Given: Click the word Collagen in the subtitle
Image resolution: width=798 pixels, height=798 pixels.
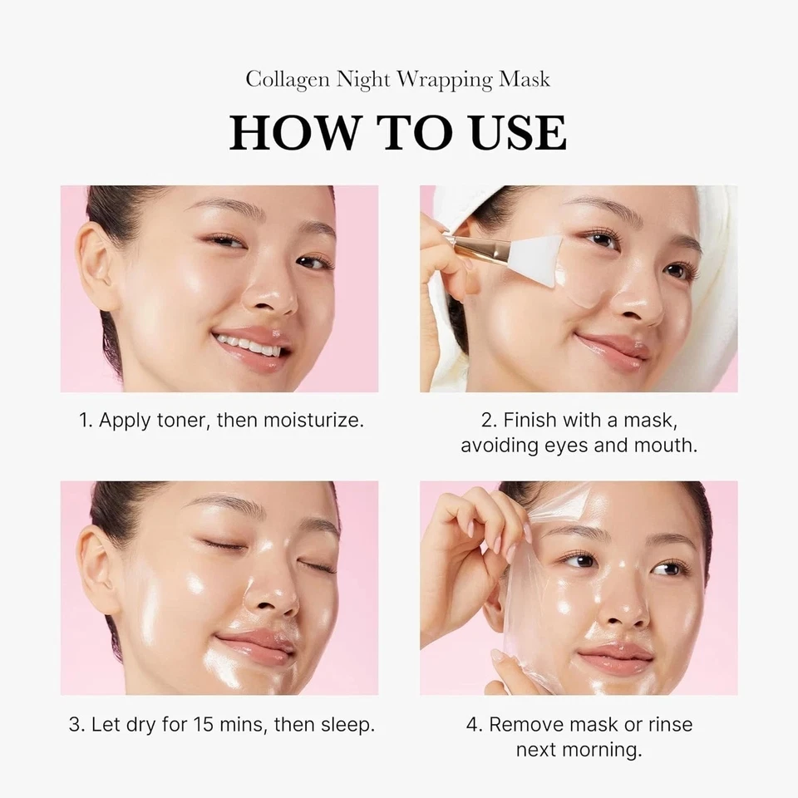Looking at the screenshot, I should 288,80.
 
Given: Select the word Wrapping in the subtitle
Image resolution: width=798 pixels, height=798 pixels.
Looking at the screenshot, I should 445,81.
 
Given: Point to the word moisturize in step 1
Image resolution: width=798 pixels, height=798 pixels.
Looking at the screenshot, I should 313,421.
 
